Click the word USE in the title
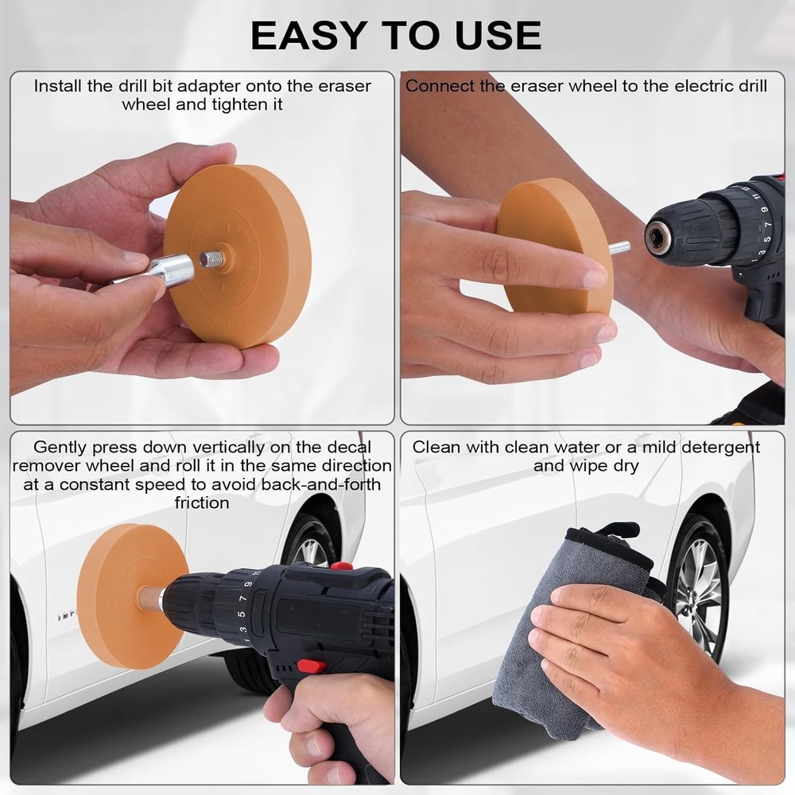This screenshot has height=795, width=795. click(500, 35)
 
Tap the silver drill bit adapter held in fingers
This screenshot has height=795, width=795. click(169, 270)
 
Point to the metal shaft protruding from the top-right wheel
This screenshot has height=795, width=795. click(619, 248)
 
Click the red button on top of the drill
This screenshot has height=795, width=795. click(341, 566)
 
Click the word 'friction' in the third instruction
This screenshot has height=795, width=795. click(202, 502)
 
